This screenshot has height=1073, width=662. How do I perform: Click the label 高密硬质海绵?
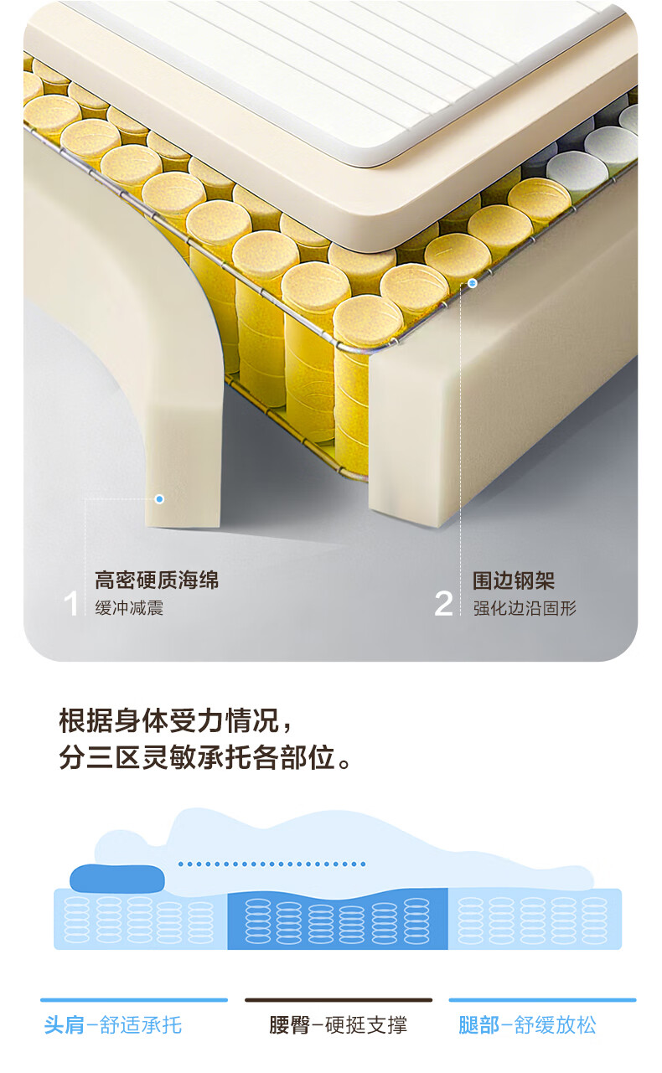tap(157, 580)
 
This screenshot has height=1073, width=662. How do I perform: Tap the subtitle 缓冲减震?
tap(129, 608)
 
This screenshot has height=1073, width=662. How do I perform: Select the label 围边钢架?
tap(514, 580)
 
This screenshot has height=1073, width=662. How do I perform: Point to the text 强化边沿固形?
tap(525, 608)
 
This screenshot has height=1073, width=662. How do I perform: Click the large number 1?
tap(71, 604)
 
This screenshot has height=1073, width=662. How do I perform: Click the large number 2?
tap(443, 604)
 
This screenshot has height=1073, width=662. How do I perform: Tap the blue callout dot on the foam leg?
tap(159, 499)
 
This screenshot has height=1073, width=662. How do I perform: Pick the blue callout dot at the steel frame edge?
tap(473, 283)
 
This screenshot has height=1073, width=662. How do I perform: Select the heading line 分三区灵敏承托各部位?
tap(205, 757)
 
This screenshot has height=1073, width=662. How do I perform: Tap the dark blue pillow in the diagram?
tap(117, 878)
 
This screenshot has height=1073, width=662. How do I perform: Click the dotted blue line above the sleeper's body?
tap(272, 864)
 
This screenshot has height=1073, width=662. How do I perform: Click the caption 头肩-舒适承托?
tap(113, 1025)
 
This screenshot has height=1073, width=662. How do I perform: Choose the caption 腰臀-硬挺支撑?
tap(338, 1025)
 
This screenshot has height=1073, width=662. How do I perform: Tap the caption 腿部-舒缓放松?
tap(527, 1025)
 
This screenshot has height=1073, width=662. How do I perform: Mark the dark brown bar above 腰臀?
tap(339, 1000)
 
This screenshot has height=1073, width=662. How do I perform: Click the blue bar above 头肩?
tap(134, 1000)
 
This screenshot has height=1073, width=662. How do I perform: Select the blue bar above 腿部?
tap(543, 1000)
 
